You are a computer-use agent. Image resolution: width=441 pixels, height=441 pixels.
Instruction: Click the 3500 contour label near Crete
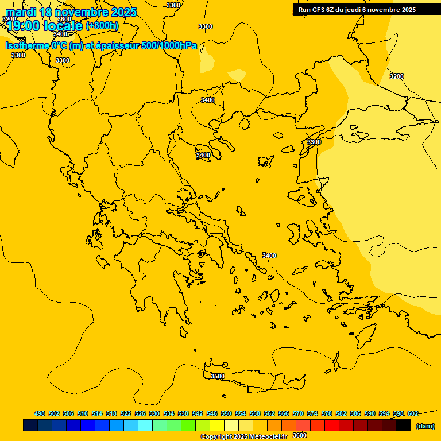pos(218,376)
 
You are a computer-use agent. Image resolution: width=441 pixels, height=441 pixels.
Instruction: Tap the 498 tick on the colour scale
pos(40,413)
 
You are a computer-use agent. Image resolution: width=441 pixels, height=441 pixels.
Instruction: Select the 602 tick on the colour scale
pos(413,413)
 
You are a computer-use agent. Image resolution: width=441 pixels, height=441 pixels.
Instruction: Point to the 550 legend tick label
pos(226,413)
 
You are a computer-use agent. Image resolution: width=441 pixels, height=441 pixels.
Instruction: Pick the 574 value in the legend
pos(312,413)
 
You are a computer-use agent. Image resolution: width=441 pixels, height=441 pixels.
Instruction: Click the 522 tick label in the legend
pos(126,413)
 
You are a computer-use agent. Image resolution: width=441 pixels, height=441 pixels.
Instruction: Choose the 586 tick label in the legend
pos(355,413)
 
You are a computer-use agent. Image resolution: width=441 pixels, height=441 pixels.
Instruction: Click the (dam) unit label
pos(425,425)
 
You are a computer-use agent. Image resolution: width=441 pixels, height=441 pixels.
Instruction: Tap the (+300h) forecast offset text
pos(102,25)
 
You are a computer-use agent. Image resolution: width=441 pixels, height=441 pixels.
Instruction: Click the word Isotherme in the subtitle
pos(26,46)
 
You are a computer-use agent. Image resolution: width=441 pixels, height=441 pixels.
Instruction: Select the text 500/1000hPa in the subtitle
pos(169,46)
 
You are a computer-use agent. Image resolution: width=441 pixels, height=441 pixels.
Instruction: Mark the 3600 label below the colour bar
pos(300,435)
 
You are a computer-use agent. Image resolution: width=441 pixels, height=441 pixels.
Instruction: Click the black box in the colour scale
pos(404,425)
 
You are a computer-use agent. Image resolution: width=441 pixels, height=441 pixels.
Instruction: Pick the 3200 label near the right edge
pos(396,76)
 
